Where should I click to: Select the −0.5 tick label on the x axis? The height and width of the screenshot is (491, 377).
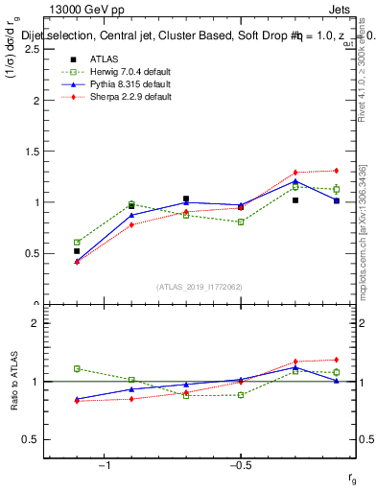pyautogui.click(x=239, y=465)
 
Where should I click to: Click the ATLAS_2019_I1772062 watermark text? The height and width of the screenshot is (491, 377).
pyautogui.click(x=200, y=287)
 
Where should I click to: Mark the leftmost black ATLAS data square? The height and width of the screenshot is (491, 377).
pyautogui.click(x=77, y=251)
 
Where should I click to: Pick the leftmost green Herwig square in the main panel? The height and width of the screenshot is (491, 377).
pyautogui.click(x=77, y=243)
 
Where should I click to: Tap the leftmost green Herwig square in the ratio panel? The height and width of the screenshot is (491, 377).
pyautogui.click(x=77, y=368)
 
